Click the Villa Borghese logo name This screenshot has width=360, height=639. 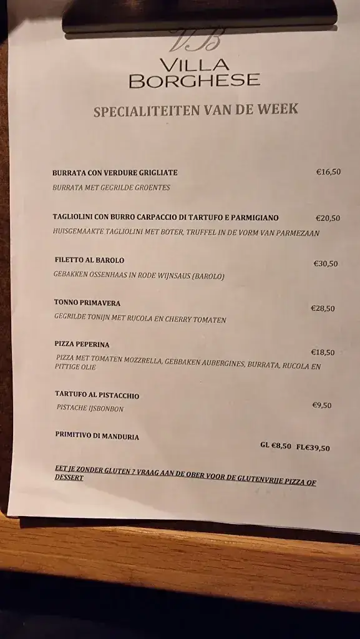[194, 72]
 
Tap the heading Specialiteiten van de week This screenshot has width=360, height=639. [195, 110]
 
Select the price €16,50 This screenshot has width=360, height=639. [328, 172]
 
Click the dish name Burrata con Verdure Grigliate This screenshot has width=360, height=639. [115, 172]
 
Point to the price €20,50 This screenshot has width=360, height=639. [328, 218]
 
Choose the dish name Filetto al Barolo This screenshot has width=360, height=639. [89, 260]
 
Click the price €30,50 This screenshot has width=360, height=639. [326, 263]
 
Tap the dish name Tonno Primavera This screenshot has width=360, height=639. [87, 303]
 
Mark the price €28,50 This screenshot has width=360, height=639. [323, 308]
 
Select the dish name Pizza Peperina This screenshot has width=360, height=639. [82, 344]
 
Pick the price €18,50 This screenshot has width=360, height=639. [323, 352]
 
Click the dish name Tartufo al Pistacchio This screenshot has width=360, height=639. [97, 396]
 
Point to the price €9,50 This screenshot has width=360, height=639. [322, 405]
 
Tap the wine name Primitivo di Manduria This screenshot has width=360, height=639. [97, 436]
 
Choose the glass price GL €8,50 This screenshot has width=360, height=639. [276, 446]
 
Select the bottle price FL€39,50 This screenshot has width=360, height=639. [313, 447]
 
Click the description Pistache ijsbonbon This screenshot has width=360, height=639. [90, 409]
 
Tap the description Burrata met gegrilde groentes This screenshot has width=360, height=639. [112, 187]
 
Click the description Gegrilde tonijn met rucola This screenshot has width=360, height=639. [140, 319]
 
